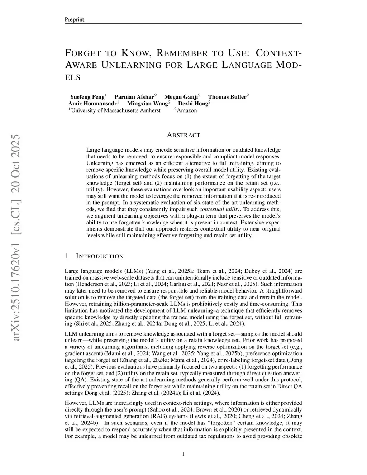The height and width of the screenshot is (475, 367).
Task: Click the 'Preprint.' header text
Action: pyautogui.click(x=75, y=19)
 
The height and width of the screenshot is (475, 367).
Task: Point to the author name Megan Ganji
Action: pyautogui.click(x=181, y=97)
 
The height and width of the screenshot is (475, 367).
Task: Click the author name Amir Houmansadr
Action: pyautogui.click(x=92, y=104)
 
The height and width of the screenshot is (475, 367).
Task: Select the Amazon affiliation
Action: pyautogui.click(x=186, y=110)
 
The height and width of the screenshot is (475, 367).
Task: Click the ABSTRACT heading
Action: pyautogui.click(x=183, y=135)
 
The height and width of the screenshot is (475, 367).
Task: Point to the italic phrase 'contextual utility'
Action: pyautogui.click(x=219, y=209)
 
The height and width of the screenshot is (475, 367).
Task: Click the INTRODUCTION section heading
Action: pyautogui.click(x=100, y=256)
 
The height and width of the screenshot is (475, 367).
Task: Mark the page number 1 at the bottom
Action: pyautogui.click(x=183, y=454)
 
